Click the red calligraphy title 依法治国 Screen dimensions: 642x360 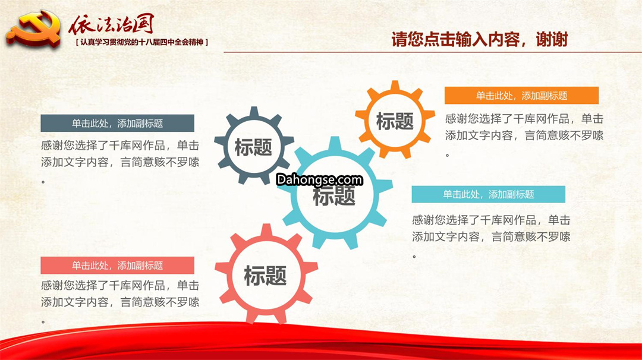[111, 24]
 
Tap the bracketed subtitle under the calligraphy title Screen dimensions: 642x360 [142, 42]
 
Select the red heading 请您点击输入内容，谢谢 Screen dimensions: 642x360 [480, 40]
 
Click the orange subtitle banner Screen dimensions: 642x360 [522, 95]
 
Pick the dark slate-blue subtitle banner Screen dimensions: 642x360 [118, 123]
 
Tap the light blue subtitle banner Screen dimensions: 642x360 [489, 194]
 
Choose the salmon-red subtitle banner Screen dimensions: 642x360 [118, 266]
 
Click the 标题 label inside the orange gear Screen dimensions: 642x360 [395, 122]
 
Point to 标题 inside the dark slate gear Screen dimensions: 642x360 [253, 147]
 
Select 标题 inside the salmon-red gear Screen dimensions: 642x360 [265, 275]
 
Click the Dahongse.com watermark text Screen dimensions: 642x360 [319, 179]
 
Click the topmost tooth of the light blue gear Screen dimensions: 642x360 [335, 143]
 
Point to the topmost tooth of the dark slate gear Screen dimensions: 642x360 [254, 112]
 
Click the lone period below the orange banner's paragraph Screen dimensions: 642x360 [448, 155]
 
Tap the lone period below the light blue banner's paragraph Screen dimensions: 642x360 [414, 257]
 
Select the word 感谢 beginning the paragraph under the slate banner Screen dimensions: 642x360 [52, 146]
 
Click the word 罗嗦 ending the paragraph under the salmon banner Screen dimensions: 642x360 [188, 302]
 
